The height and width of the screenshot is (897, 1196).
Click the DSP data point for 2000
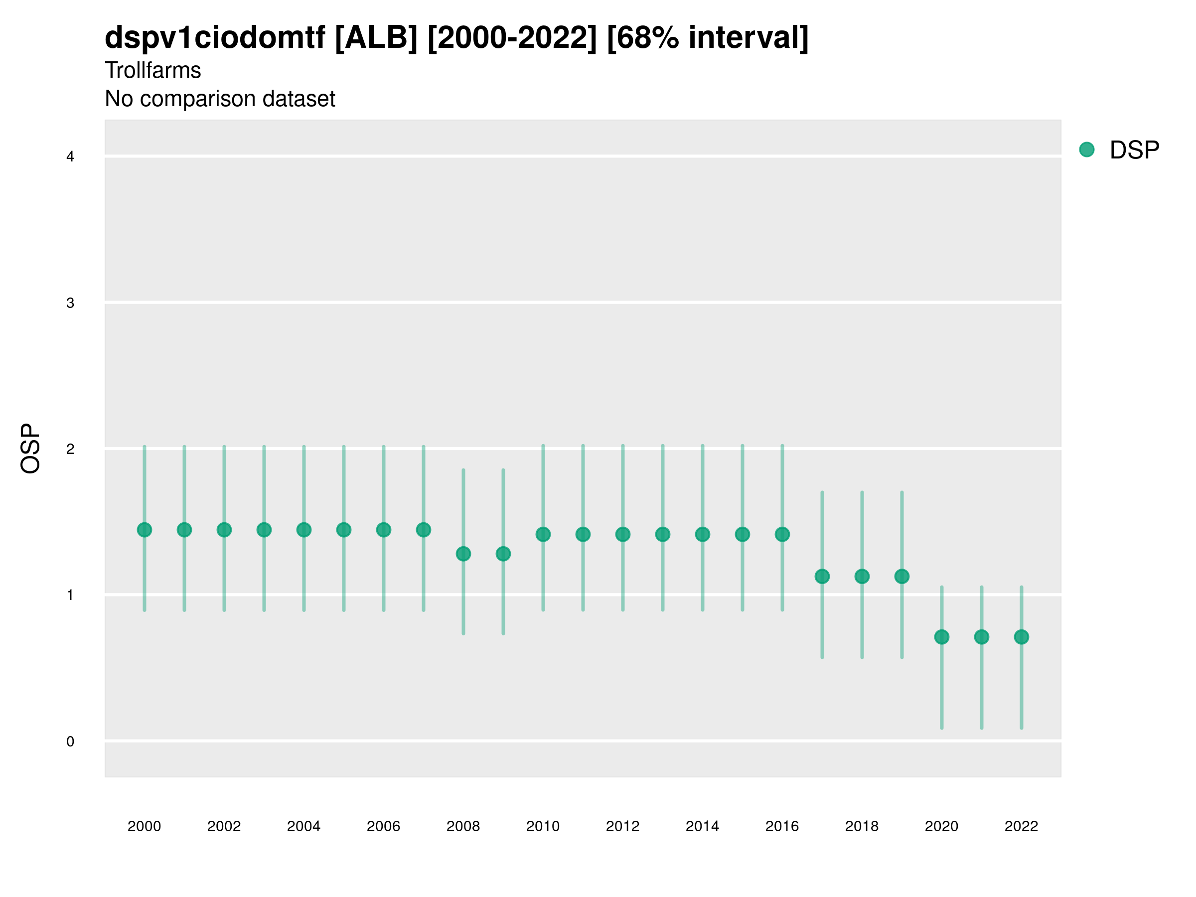pos(145,530)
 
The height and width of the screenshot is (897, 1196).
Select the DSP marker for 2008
pos(463,554)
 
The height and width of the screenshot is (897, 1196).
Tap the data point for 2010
pos(543,534)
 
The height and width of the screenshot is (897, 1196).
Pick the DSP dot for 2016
pos(782,534)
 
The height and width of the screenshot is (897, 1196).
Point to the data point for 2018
pos(862,577)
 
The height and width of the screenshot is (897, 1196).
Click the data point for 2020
pos(942,637)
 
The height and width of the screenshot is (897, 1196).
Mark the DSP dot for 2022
pos(1022,637)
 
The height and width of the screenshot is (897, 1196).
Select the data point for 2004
pos(304,530)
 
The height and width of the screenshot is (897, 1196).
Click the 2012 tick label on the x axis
pos(622,826)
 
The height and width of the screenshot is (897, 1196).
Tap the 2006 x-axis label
pos(383,826)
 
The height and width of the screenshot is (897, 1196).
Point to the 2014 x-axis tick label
pos(702,826)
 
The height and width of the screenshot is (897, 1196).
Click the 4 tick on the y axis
pos(70,157)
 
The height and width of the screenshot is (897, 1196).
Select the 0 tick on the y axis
pos(70,742)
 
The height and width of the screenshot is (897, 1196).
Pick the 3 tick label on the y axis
pos(70,303)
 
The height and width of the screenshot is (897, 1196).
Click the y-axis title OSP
pos(31,448)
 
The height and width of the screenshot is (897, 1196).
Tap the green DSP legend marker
pos(1087,150)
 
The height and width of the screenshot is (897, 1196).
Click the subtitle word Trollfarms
pos(153,70)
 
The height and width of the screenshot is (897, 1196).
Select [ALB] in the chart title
pos(376,38)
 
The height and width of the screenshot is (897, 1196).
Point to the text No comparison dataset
pos(220,99)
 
